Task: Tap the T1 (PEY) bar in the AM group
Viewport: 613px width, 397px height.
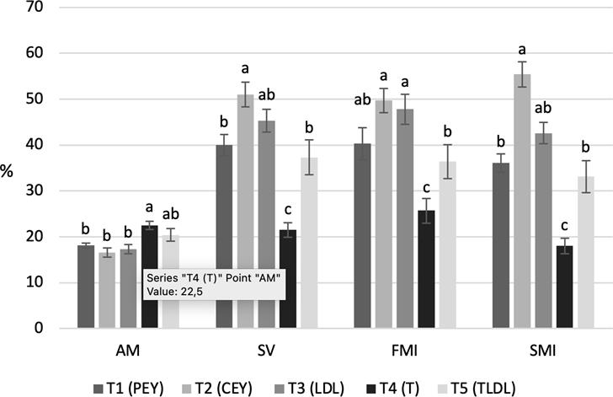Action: coord(86,286)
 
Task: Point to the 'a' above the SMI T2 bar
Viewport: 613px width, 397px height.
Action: coord(522,49)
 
